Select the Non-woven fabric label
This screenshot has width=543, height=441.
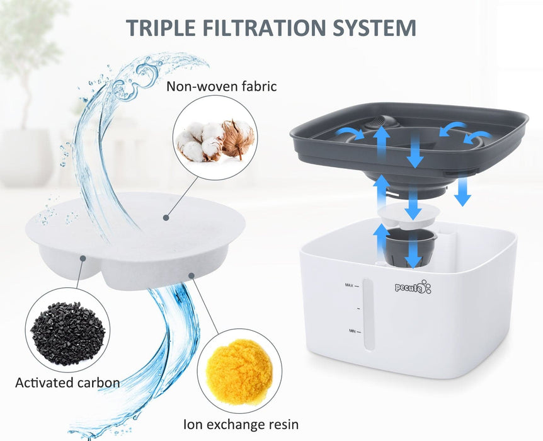[x=222, y=86]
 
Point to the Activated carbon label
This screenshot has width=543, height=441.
[x=67, y=383]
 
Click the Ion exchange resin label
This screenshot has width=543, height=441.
[x=241, y=424]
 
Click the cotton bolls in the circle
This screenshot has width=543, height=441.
[x=215, y=140]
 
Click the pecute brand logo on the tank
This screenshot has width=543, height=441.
[x=413, y=287]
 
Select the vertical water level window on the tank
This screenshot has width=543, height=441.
[x=368, y=314]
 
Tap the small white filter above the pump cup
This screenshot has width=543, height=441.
[x=409, y=216]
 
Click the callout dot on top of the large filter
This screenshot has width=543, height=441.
[x=166, y=217]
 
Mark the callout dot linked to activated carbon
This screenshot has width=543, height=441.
[x=83, y=258]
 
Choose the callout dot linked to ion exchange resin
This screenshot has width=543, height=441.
[x=191, y=276]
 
